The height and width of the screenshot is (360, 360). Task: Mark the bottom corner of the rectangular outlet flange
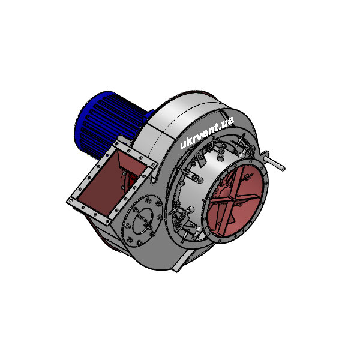click(112, 218)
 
